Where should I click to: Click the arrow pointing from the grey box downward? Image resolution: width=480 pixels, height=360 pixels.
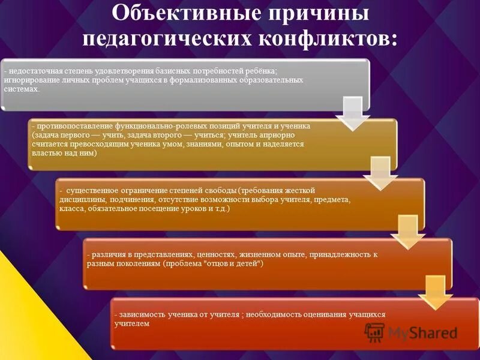tap(352, 113)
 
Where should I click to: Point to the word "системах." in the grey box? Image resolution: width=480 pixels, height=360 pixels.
tap(22, 89)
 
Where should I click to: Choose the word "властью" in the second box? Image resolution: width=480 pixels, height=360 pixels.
tap(44, 153)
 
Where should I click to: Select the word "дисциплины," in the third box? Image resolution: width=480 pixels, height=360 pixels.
tap(81, 200)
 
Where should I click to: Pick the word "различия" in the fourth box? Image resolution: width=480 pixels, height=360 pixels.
tap(106, 255)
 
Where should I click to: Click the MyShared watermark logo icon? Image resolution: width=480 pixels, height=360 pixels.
tap(374, 332)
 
